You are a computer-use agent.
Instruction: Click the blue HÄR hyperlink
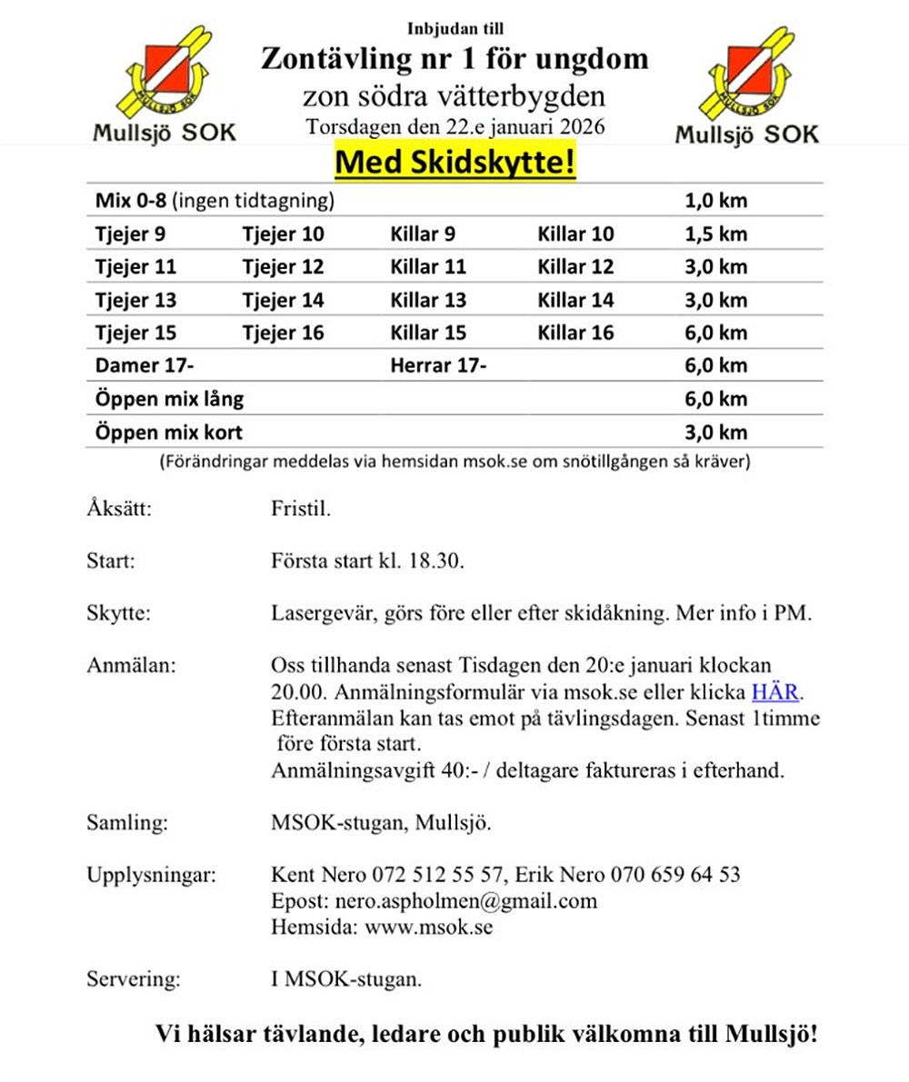(x=774, y=693)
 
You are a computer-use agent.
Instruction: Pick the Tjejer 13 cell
(x=135, y=300)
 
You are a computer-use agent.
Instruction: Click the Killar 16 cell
(x=576, y=333)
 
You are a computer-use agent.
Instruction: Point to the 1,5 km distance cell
(x=715, y=234)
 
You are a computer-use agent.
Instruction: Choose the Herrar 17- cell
(x=438, y=366)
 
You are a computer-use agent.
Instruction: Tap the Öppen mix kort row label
(x=169, y=432)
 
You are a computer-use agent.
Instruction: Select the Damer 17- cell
(x=145, y=366)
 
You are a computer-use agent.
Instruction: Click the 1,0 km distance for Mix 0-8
(x=715, y=201)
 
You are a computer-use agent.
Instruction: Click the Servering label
(x=134, y=979)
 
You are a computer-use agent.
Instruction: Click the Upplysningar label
(x=152, y=876)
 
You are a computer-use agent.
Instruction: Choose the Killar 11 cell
(x=428, y=267)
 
